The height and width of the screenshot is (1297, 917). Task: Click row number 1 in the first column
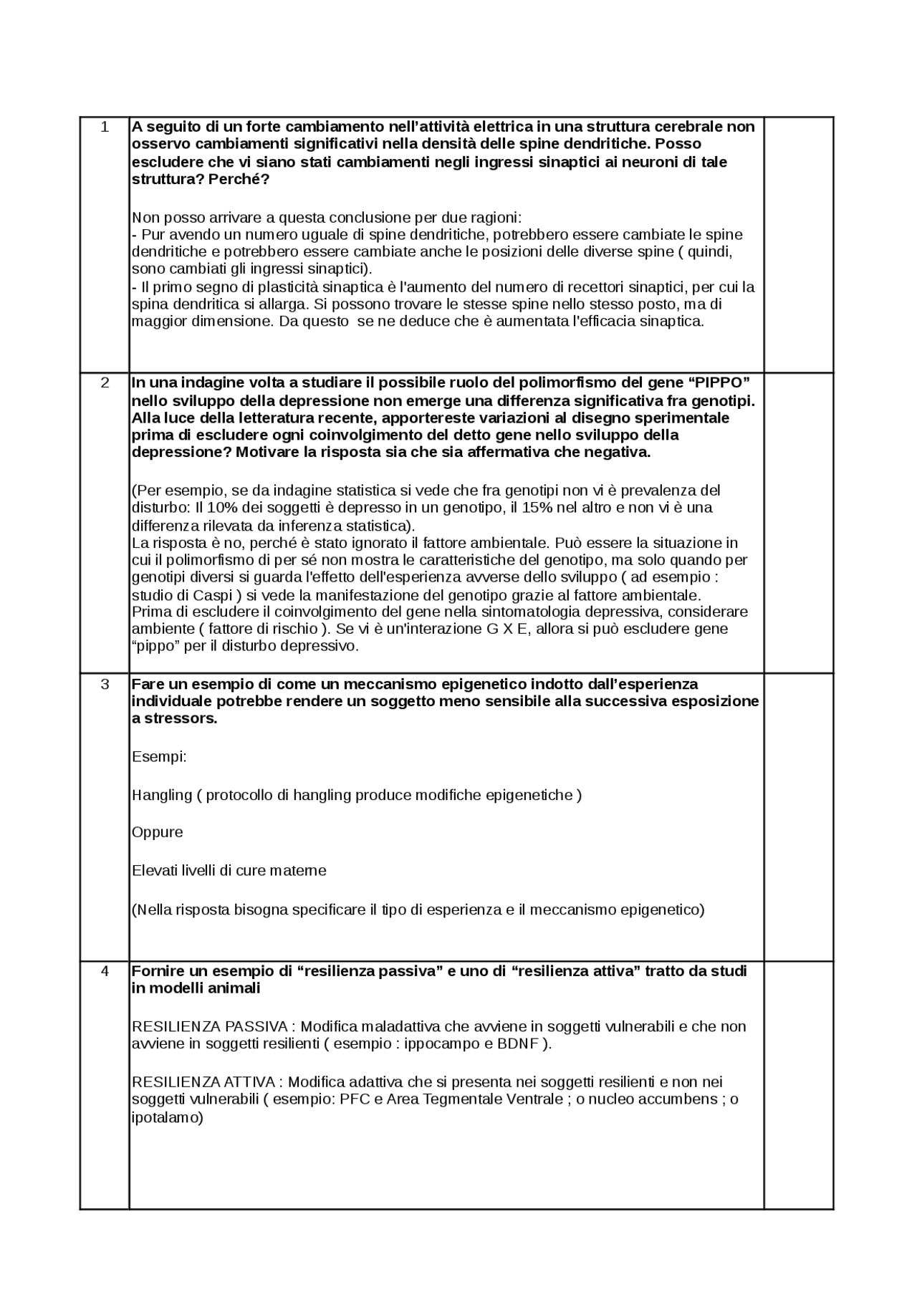click(105, 127)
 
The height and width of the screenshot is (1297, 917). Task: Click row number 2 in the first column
click(105, 382)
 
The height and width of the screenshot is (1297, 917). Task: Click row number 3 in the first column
click(105, 684)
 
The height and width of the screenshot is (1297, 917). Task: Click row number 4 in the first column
click(105, 971)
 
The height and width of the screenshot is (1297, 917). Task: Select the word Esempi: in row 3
click(159, 757)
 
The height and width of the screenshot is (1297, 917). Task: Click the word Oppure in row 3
click(158, 832)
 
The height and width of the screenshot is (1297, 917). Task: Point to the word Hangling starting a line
click(162, 795)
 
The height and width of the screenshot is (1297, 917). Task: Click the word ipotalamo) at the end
click(168, 1117)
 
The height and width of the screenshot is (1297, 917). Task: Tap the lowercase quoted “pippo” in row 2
click(155, 646)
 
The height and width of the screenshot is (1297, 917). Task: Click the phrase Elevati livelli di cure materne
click(229, 871)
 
